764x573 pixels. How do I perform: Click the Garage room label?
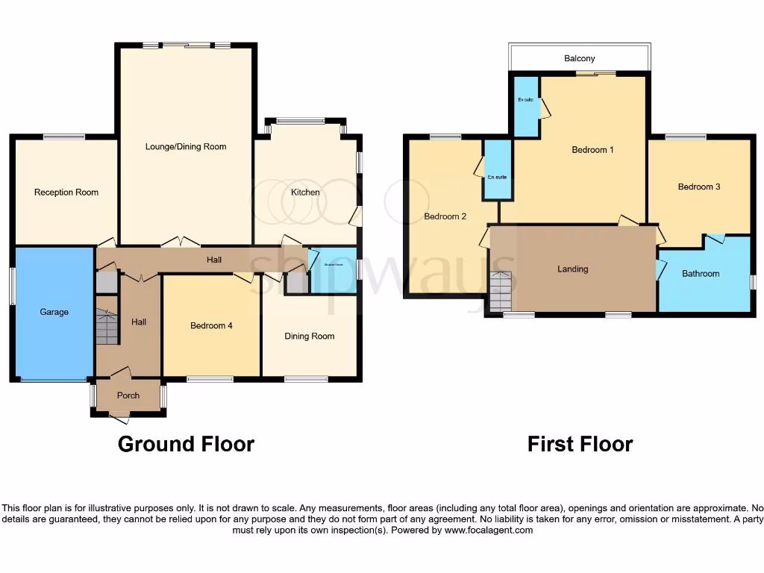coord(54,312)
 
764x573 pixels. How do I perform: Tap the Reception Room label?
coord(66,192)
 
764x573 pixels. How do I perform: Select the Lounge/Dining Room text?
coord(186,147)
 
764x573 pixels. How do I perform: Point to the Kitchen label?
coord(305,192)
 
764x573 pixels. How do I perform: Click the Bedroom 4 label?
coord(212,326)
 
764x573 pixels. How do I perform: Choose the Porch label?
coord(128,395)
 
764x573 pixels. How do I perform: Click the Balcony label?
coord(580,58)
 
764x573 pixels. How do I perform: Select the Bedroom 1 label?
coord(592,150)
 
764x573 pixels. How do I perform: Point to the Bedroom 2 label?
coord(445,217)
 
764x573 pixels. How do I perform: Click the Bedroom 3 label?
coord(699,187)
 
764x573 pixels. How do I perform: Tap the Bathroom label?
coord(701,274)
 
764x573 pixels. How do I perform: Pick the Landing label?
coord(573,269)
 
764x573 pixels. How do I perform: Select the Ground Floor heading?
coord(186,445)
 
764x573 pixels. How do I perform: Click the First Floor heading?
coord(580,445)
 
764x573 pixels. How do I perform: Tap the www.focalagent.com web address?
coord(488,530)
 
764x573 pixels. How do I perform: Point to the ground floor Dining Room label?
coord(309,336)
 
